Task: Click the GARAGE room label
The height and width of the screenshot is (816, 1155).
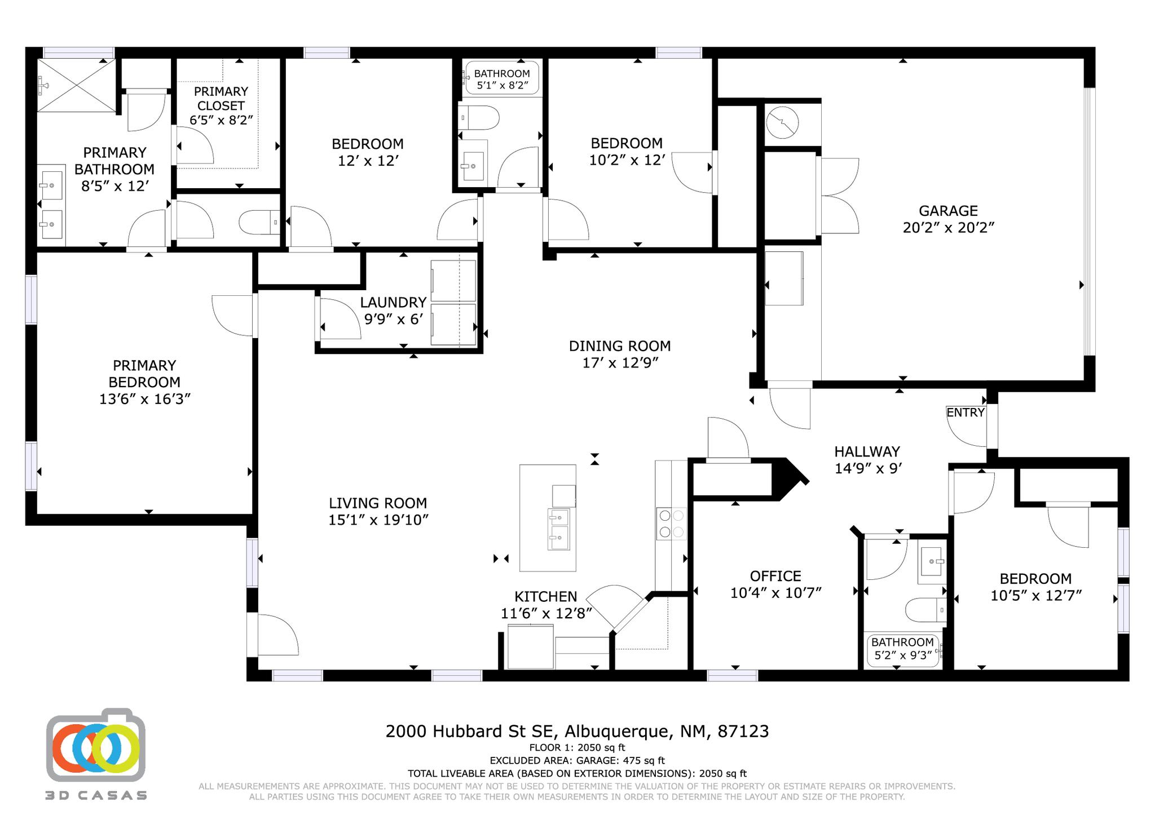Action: (948, 211)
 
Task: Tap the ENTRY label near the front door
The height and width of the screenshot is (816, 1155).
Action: (965, 413)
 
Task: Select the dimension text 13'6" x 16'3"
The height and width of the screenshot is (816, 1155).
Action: (144, 399)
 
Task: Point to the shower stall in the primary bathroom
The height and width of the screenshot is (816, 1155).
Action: (76, 86)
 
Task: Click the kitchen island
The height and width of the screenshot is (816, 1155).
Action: (547, 517)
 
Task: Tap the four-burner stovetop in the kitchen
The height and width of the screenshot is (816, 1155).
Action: (671, 523)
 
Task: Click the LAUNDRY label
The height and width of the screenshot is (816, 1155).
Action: (393, 302)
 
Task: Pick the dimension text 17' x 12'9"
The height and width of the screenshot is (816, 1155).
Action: (620, 362)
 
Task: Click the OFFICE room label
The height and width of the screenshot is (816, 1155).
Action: (775, 576)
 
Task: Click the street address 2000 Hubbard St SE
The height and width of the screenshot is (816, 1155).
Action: (471, 731)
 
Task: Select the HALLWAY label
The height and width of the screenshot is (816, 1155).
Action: (867, 451)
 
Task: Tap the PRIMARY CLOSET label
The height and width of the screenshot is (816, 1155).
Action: (221, 99)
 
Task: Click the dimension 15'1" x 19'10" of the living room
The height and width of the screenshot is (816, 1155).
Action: (378, 520)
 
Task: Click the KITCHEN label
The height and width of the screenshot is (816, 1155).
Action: (545, 596)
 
